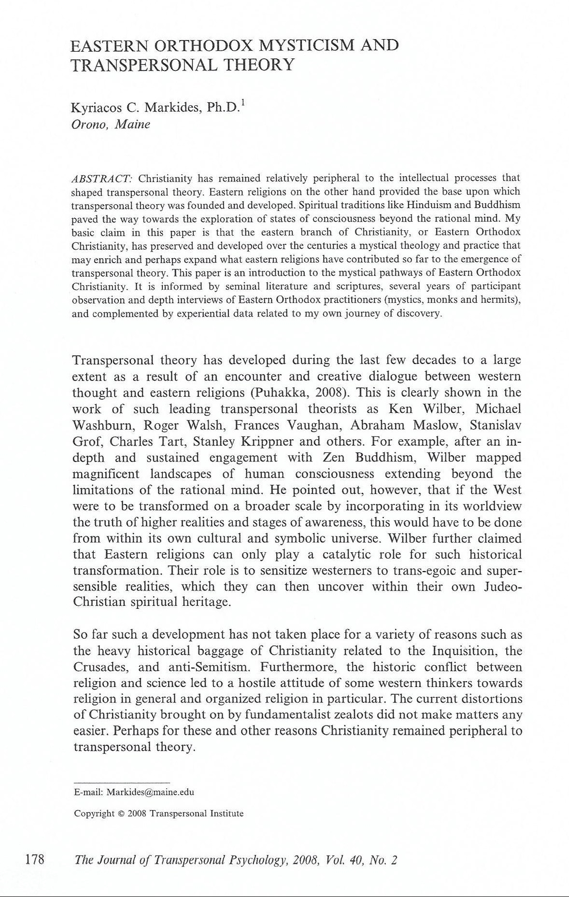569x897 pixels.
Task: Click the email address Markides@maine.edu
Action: click(150, 792)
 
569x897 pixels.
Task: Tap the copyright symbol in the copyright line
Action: click(121, 813)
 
